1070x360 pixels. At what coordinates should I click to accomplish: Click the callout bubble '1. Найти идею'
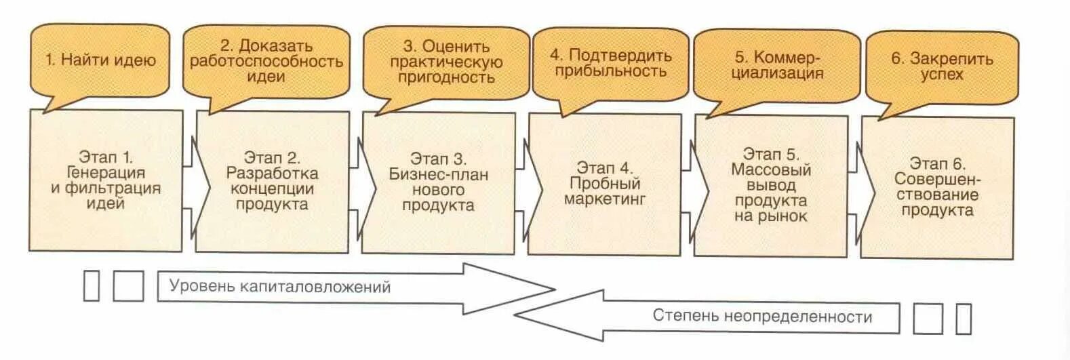(x=100, y=60)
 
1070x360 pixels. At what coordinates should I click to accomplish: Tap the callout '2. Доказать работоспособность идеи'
(x=266, y=61)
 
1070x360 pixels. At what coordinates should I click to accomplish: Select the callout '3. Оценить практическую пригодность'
(x=445, y=62)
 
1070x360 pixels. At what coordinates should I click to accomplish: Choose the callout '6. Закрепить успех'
(x=942, y=66)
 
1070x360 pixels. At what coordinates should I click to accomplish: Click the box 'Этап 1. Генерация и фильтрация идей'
(x=106, y=180)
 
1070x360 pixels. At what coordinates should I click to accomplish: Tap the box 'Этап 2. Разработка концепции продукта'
(x=273, y=182)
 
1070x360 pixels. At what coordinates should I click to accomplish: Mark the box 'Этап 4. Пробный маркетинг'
(x=605, y=184)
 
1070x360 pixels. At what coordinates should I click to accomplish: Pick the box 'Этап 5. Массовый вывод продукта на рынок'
(x=771, y=185)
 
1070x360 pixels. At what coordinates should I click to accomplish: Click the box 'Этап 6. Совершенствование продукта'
(x=937, y=187)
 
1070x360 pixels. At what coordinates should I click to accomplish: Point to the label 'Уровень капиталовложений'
(x=280, y=286)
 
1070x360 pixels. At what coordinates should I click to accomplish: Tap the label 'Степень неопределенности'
(x=762, y=316)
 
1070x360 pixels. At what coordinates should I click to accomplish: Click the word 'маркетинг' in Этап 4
(x=605, y=199)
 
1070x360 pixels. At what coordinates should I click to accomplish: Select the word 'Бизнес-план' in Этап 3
(x=439, y=175)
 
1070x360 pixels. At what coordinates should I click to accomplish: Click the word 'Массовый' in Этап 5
(x=771, y=169)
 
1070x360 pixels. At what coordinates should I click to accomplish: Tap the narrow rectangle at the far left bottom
(x=91, y=285)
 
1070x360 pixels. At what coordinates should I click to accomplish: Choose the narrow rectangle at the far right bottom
(x=964, y=318)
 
